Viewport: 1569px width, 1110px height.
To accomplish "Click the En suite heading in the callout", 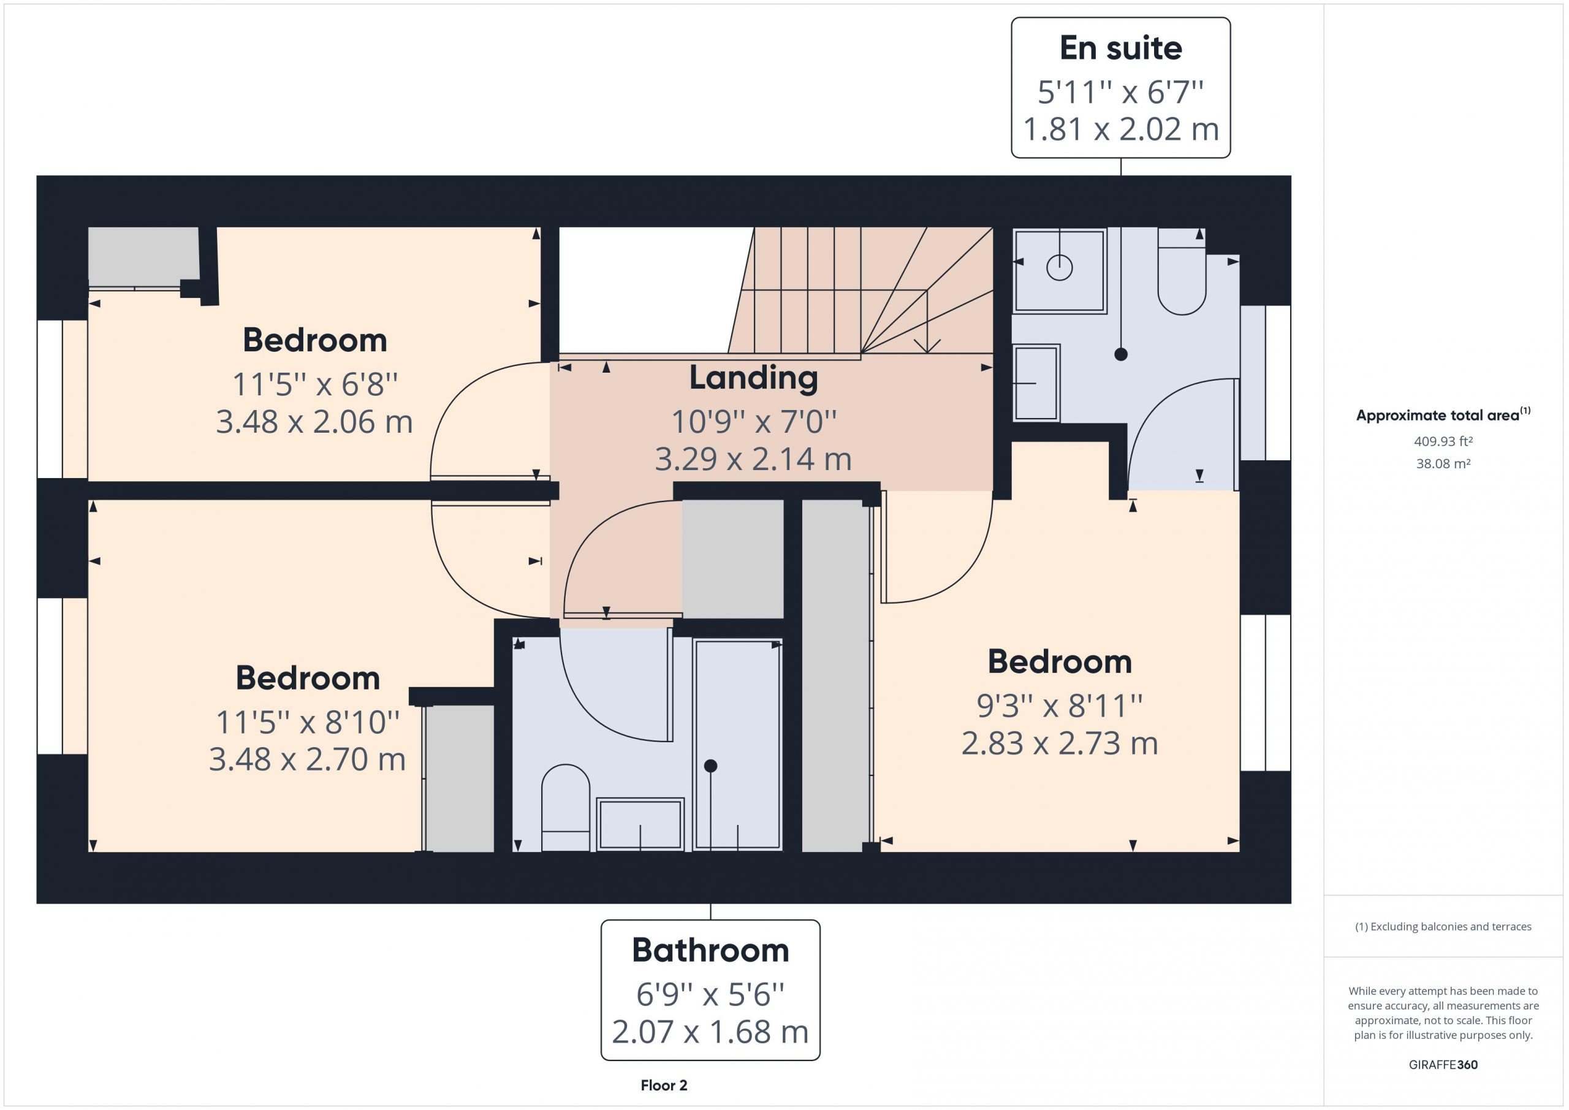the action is (1121, 48).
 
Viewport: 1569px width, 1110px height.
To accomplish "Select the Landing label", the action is (753, 378).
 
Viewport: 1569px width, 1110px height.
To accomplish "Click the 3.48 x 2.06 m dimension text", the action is (314, 422).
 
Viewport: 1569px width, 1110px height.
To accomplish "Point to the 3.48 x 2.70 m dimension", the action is (307, 759).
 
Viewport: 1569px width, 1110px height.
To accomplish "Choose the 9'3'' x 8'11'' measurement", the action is (1059, 706).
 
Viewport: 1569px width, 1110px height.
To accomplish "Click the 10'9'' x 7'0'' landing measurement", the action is (754, 422).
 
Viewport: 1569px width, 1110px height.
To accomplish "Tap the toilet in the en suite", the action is (1182, 272).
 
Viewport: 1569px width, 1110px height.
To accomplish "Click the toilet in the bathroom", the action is (566, 807).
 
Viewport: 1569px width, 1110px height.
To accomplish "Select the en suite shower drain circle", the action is (1059, 267).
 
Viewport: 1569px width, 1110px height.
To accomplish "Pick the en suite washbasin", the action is (1036, 382).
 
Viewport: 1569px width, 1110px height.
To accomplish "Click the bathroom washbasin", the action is (640, 824).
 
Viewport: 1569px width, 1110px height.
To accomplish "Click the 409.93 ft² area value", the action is (1443, 441).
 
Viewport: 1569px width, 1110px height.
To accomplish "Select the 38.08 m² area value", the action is (1443, 463).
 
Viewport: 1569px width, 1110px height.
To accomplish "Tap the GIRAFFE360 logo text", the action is (1443, 1064).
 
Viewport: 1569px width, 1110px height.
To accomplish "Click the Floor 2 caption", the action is (664, 1085).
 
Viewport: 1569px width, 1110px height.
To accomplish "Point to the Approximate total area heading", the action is (1443, 414).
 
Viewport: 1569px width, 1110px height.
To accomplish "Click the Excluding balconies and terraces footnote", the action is (1443, 926).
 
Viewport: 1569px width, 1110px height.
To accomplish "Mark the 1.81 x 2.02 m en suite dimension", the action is (1121, 129).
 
